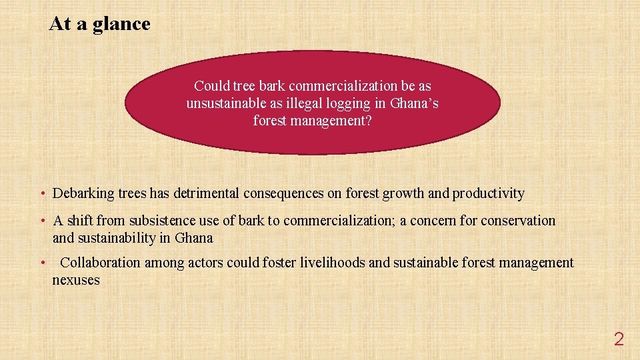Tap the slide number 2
[x=619, y=339]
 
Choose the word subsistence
[x=159, y=221]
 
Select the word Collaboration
[x=101, y=263]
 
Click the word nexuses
[x=76, y=280]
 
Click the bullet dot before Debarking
[x=43, y=194]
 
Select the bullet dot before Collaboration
[x=43, y=263]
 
